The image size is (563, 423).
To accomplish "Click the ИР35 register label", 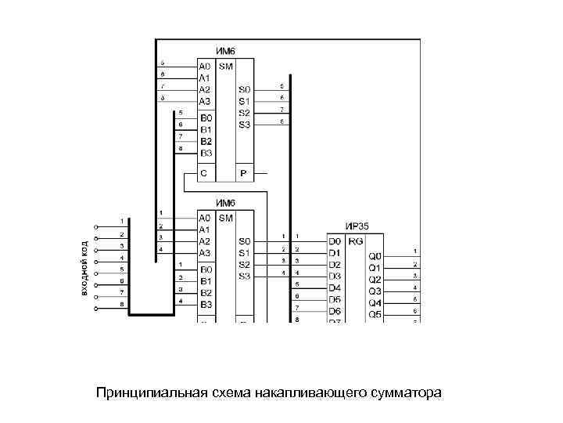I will point(358,226).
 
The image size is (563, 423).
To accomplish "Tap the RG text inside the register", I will point(356,241).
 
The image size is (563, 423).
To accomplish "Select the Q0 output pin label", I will point(375,256).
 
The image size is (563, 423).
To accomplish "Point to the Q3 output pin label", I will point(375,291).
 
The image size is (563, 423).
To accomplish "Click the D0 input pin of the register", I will point(335,241).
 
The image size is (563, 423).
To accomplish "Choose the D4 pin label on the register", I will point(335,287).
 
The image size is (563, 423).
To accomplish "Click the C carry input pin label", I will point(204,173).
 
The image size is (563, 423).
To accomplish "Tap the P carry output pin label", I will point(243,173).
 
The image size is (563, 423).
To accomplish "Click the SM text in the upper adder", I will point(225,67).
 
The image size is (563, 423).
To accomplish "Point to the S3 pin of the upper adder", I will point(245,125).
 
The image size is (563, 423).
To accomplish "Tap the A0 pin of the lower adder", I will point(205,218).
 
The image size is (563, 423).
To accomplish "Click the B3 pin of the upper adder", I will point(206,153).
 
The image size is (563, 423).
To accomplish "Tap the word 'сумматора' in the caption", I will point(404,391).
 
